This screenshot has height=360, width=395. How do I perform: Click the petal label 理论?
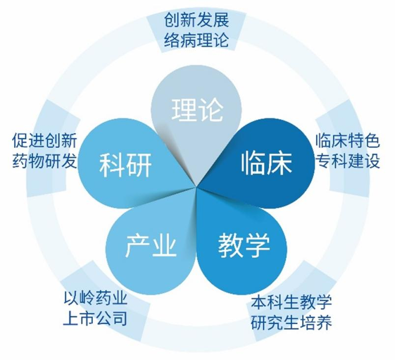pos(197,110)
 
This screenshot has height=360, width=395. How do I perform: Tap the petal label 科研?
pos(125,165)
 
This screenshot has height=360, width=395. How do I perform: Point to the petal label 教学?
pos(244,245)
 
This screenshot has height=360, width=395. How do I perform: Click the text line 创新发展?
pos(197,20)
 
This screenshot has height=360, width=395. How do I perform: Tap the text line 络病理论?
pos(197,40)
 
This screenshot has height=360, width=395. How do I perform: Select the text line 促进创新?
pos(45,140)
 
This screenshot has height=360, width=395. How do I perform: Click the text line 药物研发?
pos(45,161)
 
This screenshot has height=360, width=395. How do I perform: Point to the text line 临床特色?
pos(348,140)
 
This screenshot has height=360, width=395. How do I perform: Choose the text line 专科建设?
pos(348,161)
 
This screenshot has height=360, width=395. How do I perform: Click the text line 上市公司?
pos(95,318)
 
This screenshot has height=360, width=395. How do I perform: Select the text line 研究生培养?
pos(291,322)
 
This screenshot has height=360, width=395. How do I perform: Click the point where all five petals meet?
pos(196,187)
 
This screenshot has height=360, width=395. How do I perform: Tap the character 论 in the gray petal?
pos(211,110)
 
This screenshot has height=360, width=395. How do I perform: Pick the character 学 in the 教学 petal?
pos(257,245)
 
